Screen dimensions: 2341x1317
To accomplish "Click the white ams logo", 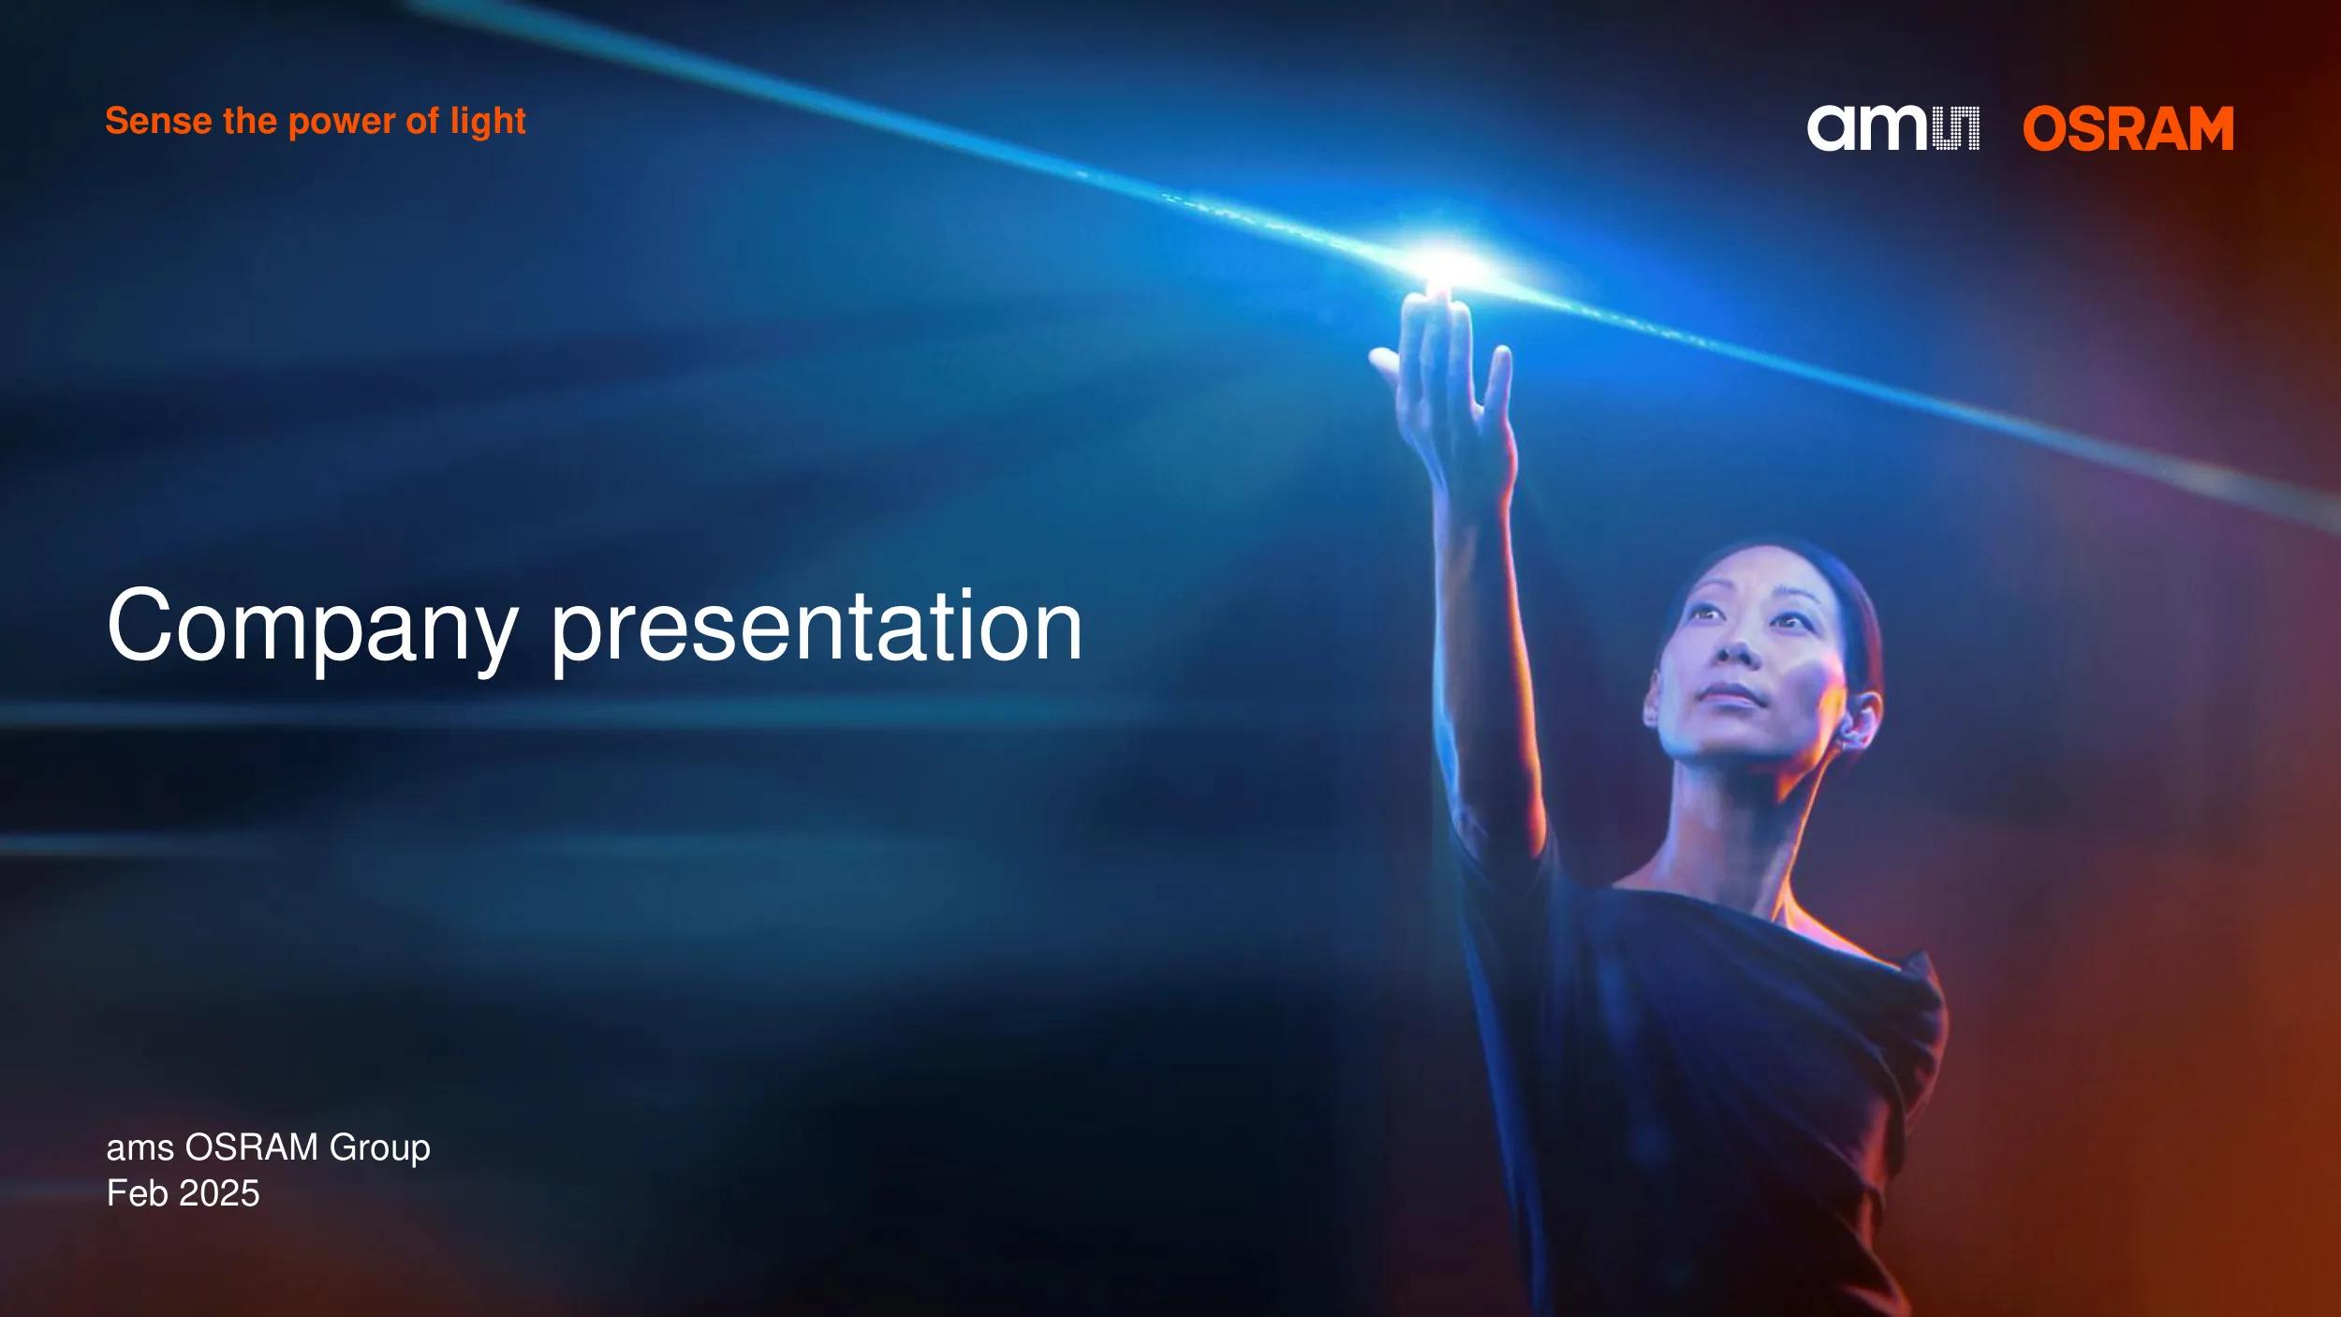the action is [x=1892, y=128].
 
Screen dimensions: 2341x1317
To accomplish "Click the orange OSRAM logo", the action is [x=2128, y=128].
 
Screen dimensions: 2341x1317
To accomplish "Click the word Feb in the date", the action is [x=138, y=1193].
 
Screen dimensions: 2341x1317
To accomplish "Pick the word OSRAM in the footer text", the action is [x=252, y=1147].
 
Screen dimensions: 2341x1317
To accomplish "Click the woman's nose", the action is [x=1739, y=646].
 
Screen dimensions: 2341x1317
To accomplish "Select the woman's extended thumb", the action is [x=1388, y=363].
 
